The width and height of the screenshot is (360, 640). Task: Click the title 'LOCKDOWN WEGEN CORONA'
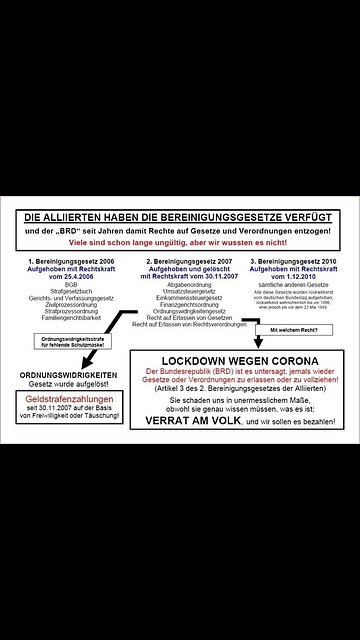(240, 360)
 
